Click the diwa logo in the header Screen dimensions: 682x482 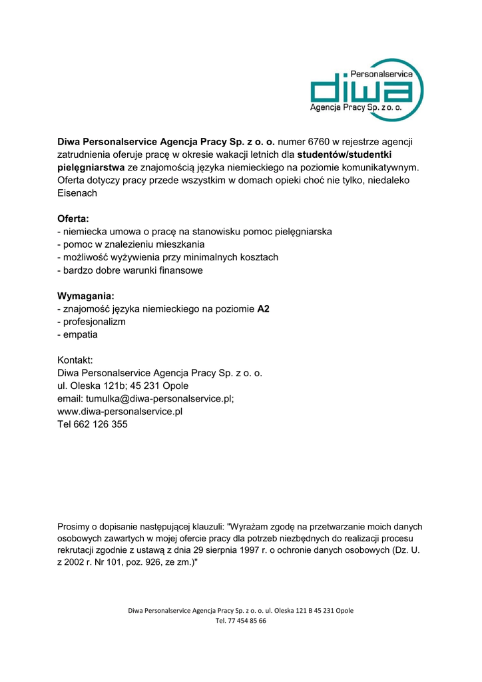pyautogui.click(x=367, y=90)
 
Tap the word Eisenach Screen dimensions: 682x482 pyautogui.click(x=77, y=193)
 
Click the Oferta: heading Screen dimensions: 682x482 pyautogui.click(x=73, y=218)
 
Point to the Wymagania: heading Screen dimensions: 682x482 pyautogui.click(x=86, y=296)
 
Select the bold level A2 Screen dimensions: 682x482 pyautogui.click(x=263, y=309)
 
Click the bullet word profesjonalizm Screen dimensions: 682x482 pyautogui.click(x=95, y=322)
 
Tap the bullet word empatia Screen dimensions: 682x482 pyautogui.click(x=81, y=334)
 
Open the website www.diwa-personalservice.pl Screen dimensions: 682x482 pyautogui.click(x=120, y=412)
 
